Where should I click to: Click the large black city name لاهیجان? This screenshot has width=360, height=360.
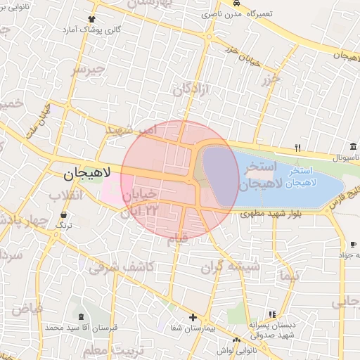(x=82, y=173)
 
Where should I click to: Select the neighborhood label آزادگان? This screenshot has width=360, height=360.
(x=192, y=89)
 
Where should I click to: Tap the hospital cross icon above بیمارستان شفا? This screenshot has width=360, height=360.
(x=193, y=318)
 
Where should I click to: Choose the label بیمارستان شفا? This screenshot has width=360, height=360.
(x=193, y=329)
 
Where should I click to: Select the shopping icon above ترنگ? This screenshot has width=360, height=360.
(x=65, y=214)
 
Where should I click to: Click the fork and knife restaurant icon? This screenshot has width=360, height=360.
(x=298, y=148)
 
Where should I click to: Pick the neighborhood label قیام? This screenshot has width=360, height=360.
(x=178, y=240)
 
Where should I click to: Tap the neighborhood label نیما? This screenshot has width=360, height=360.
(x=288, y=275)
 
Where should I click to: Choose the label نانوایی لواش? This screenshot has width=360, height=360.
(x=245, y=349)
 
